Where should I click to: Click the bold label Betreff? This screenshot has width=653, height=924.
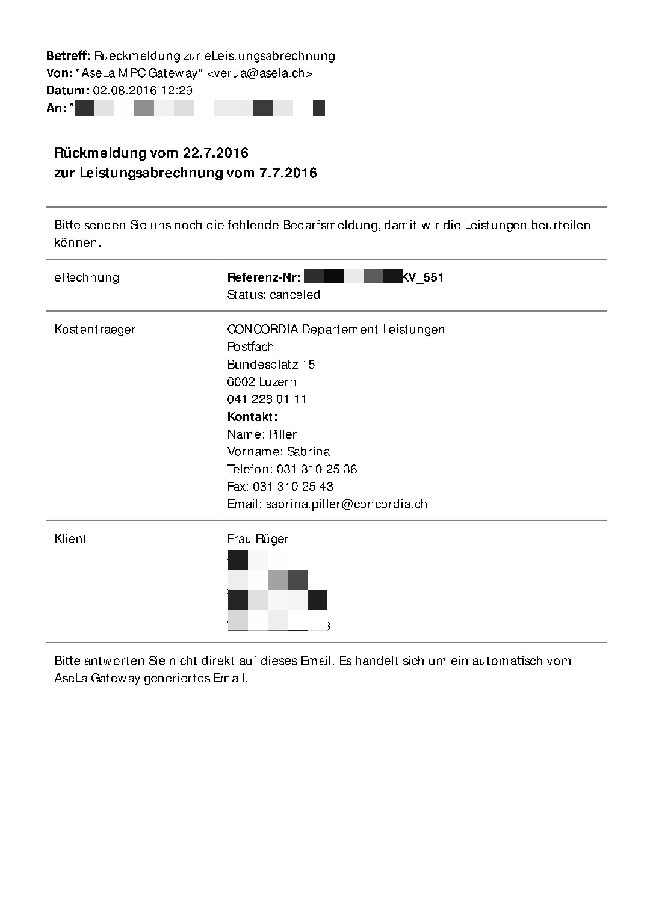pyautogui.click(x=68, y=56)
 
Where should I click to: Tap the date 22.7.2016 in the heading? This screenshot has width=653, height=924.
pyautogui.click(x=215, y=153)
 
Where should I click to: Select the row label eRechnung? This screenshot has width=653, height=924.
pyautogui.click(x=87, y=278)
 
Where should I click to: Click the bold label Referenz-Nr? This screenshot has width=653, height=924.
pyautogui.click(x=264, y=278)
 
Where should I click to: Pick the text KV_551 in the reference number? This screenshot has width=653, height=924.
pyautogui.click(x=423, y=278)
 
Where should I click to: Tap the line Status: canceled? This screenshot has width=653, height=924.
pyautogui.click(x=273, y=295)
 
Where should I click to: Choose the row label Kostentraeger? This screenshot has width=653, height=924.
pyautogui.click(x=94, y=330)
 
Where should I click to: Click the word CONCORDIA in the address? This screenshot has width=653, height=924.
pyautogui.click(x=262, y=330)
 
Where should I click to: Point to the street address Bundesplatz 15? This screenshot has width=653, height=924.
pyautogui.click(x=271, y=365)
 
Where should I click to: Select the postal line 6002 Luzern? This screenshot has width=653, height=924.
pyautogui.click(x=261, y=382)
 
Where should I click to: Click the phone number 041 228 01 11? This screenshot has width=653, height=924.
pyautogui.click(x=267, y=399)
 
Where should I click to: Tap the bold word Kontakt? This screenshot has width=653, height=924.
pyautogui.click(x=252, y=417)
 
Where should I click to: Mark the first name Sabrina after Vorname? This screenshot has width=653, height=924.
pyautogui.click(x=308, y=452)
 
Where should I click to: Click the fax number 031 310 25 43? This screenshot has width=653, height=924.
pyautogui.click(x=292, y=487)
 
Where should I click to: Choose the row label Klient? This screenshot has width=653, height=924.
pyautogui.click(x=70, y=539)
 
